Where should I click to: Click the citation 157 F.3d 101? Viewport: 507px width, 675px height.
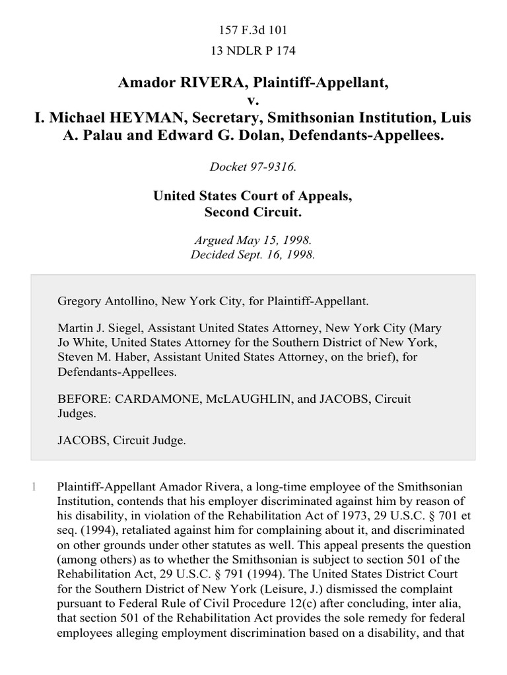tap(253, 31)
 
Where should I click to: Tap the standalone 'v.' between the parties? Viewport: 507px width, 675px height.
tap(253, 100)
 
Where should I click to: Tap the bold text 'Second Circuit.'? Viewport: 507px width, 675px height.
tap(253, 214)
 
